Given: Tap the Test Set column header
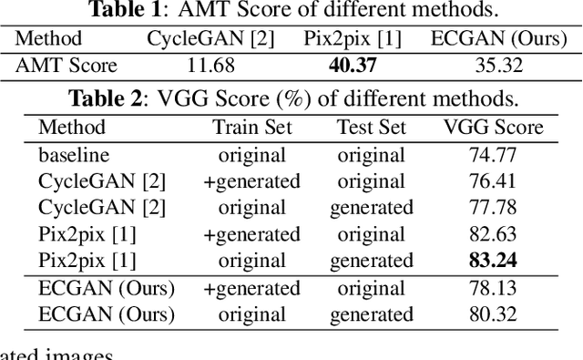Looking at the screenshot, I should pyautogui.click(x=371, y=128).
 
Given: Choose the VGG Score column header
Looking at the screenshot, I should pyautogui.click(x=493, y=128).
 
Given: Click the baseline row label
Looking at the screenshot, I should pyautogui.click(x=73, y=155).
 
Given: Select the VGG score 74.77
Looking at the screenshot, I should pyautogui.click(x=492, y=155).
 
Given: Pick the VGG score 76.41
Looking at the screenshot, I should pyautogui.click(x=492, y=181).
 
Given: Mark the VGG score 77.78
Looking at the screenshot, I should pyautogui.click(x=492, y=208).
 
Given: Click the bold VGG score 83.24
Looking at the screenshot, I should pyautogui.click(x=492, y=262).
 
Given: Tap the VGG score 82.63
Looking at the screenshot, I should pyautogui.click(x=492, y=234).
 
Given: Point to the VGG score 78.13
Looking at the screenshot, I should pyautogui.click(x=492, y=289).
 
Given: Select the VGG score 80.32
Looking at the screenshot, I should pyautogui.click(x=492, y=315).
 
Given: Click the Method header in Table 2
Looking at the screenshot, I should pyautogui.click(x=72, y=128).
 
